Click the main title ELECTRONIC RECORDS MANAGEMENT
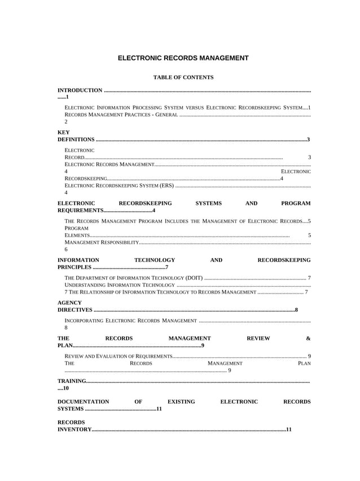(183, 58)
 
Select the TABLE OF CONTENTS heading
(183, 77)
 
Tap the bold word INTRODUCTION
(80, 90)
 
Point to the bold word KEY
(64, 132)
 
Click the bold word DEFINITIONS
(76, 139)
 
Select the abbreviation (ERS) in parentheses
(166, 185)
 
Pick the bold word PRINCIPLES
(74, 267)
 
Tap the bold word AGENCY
(70, 303)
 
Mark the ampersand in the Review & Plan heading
(308, 338)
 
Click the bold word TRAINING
(72, 381)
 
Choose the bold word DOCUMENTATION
(84, 401)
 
